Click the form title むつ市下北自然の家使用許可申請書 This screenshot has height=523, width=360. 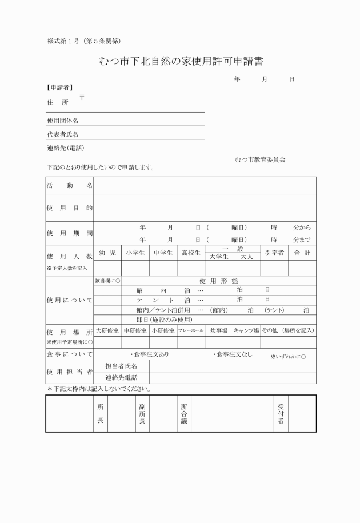(x=181, y=61)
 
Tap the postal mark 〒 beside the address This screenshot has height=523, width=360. (x=82, y=98)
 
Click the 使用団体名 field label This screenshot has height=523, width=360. (x=62, y=121)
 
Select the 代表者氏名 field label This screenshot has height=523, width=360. (x=62, y=135)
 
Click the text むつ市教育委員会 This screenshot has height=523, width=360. (x=260, y=159)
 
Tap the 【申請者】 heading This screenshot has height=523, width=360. (x=59, y=87)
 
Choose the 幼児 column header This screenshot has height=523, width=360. (x=107, y=253)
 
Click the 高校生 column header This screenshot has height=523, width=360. (x=191, y=253)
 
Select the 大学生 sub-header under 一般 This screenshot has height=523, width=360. (x=219, y=257)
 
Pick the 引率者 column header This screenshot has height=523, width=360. (x=274, y=253)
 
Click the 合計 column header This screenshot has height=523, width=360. (x=302, y=253)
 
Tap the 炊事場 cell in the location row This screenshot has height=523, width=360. (x=219, y=331)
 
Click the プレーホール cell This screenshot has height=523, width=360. (x=191, y=331)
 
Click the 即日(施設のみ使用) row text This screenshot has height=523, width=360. (x=164, y=320)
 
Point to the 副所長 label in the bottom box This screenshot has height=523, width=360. (x=142, y=413)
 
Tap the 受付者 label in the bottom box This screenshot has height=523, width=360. (x=281, y=413)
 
